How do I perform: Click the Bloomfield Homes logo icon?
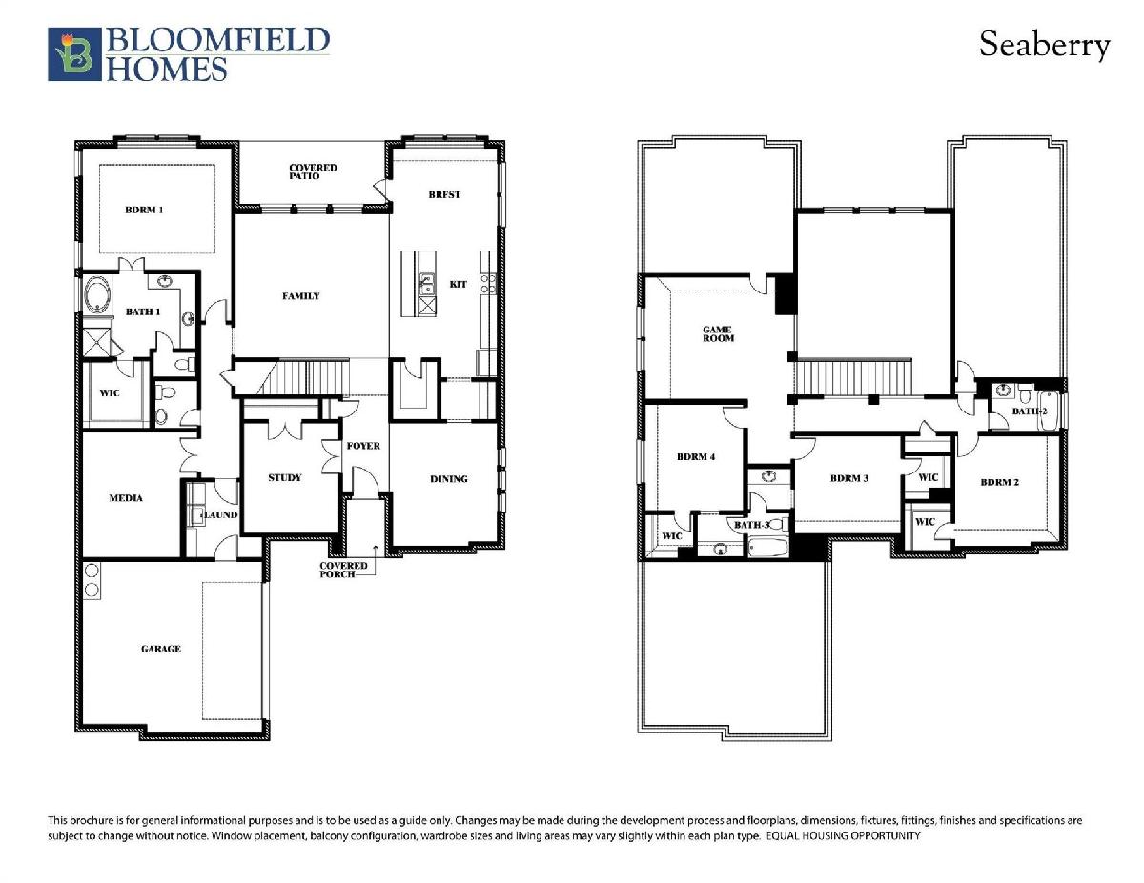pyautogui.click(x=74, y=54)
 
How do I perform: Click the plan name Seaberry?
pyautogui.click(x=1045, y=45)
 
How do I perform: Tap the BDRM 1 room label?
pyautogui.click(x=144, y=210)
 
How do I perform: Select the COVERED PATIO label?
pyautogui.click(x=313, y=171)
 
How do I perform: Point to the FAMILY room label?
pyautogui.click(x=301, y=296)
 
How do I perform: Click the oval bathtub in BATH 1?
pyautogui.click(x=97, y=295)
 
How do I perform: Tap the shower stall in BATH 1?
pyautogui.click(x=97, y=342)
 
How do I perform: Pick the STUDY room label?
pyautogui.click(x=285, y=477)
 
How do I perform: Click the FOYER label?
pyautogui.click(x=363, y=446)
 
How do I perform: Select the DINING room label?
pyautogui.click(x=449, y=478)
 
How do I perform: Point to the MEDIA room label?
pyautogui.click(x=126, y=497)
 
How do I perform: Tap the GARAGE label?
pyautogui.click(x=161, y=649)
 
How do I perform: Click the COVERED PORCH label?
pyautogui.click(x=343, y=570)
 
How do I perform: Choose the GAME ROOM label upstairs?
pyautogui.click(x=718, y=334)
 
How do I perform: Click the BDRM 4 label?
pyautogui.click(x=696, y=456)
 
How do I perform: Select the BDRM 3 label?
pyautogui.click(x=849, y=478)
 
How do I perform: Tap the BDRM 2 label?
pyautogui.click(x=1000, y=482)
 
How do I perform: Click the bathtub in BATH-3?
pyautogui.click(x=768, y=547)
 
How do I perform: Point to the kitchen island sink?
pyautogui.click(x=427, y=284)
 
